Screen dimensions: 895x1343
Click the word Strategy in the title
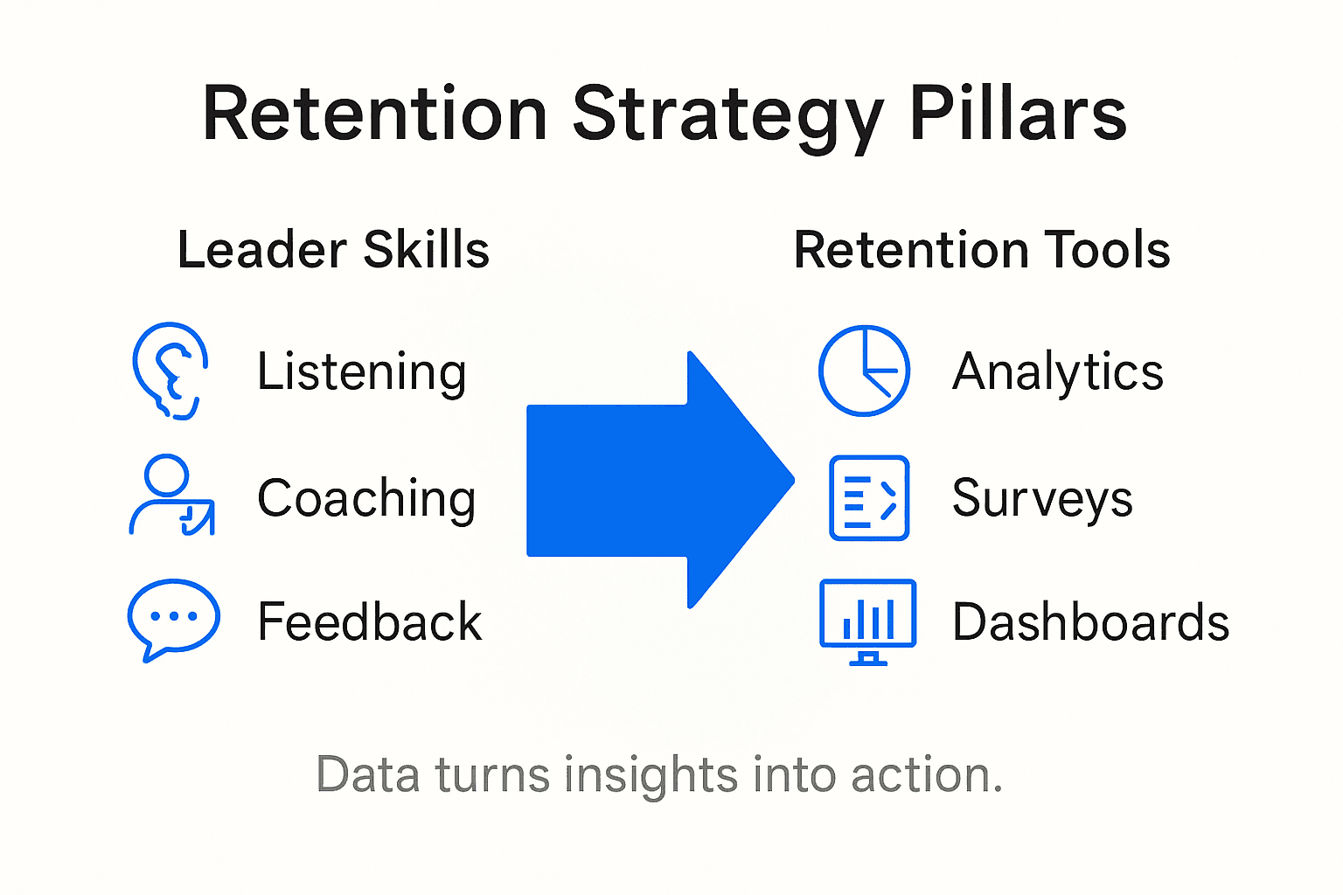tap(727, 115)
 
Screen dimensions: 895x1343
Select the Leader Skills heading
tap(333, 250)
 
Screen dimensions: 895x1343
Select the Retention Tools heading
tap(982, 250)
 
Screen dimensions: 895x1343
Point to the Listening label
tap(361, 372)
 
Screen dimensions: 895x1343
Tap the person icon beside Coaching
tap(171, 496)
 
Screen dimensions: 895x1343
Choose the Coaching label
tap(366, 499)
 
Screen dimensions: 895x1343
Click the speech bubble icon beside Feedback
tap(173, 619)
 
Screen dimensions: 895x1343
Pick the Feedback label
tap(370, 622)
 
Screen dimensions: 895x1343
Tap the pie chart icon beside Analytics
tap(864, 371)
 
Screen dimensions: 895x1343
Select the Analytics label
tap(1058, 372)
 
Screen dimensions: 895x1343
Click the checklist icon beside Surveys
tap(868, 497)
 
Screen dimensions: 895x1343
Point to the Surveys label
tap(1042, 499)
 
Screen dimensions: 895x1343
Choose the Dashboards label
tap(1090, 622)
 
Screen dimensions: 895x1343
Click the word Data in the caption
tap(367, 775)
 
